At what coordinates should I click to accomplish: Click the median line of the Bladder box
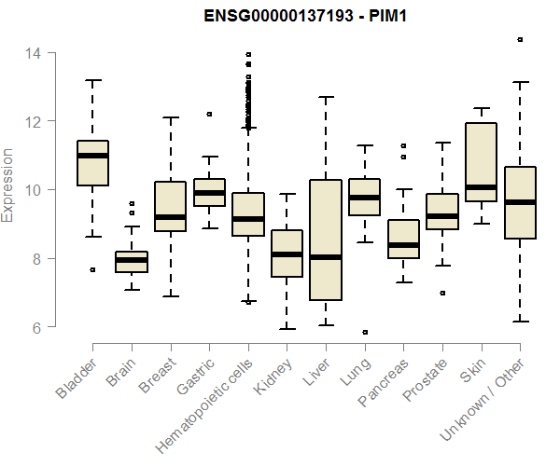point(92,156)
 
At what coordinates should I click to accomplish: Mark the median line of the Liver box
point(325,257)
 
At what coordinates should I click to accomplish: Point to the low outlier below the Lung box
point(365,332)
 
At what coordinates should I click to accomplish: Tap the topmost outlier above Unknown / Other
point(520,40)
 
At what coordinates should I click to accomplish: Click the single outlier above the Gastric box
point(209,114)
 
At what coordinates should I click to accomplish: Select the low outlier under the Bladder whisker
point(92,269)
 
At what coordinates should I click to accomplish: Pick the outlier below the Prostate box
point(442,293)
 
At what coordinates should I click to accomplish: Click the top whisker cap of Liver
point(325,97)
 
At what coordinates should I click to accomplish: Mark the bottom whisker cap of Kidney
point(287,329)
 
